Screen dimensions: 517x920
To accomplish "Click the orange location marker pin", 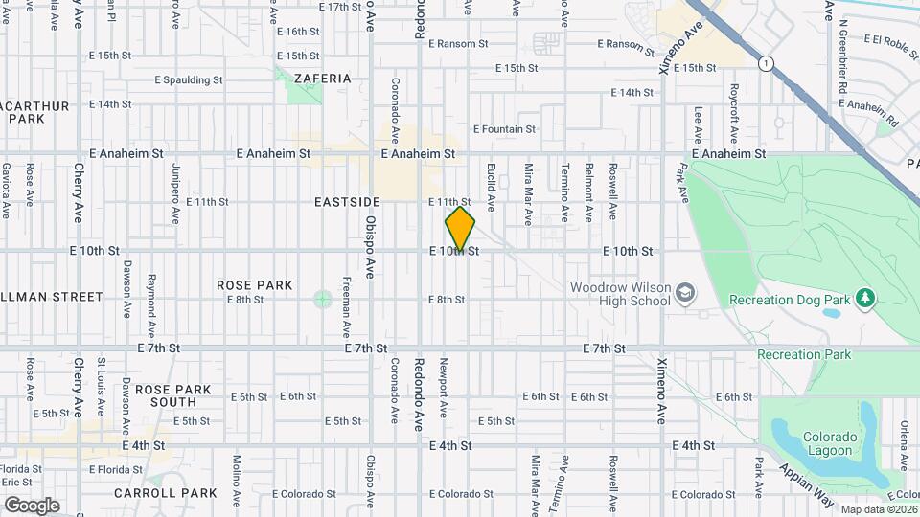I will coord(460,230).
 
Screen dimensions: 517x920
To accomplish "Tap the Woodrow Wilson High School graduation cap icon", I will coord(686,291).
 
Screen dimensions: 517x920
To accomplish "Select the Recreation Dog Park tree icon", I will coord(865,299).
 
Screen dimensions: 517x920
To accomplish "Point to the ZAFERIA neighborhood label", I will coord(323,79).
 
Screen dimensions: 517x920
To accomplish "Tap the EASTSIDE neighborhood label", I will coord(347,202).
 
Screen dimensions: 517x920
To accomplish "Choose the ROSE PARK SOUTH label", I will coord(166,395).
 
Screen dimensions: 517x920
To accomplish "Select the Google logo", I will coord(32,505).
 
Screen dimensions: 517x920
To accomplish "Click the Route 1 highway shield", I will coord(766,63).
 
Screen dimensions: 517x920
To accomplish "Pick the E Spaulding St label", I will coord(193,80).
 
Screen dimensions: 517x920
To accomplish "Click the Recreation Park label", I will coord(803,354).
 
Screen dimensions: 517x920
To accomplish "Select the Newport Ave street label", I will coord(444,389).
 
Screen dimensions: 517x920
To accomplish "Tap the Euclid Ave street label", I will coord(490,187).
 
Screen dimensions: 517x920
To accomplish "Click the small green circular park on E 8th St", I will coord(323,300).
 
